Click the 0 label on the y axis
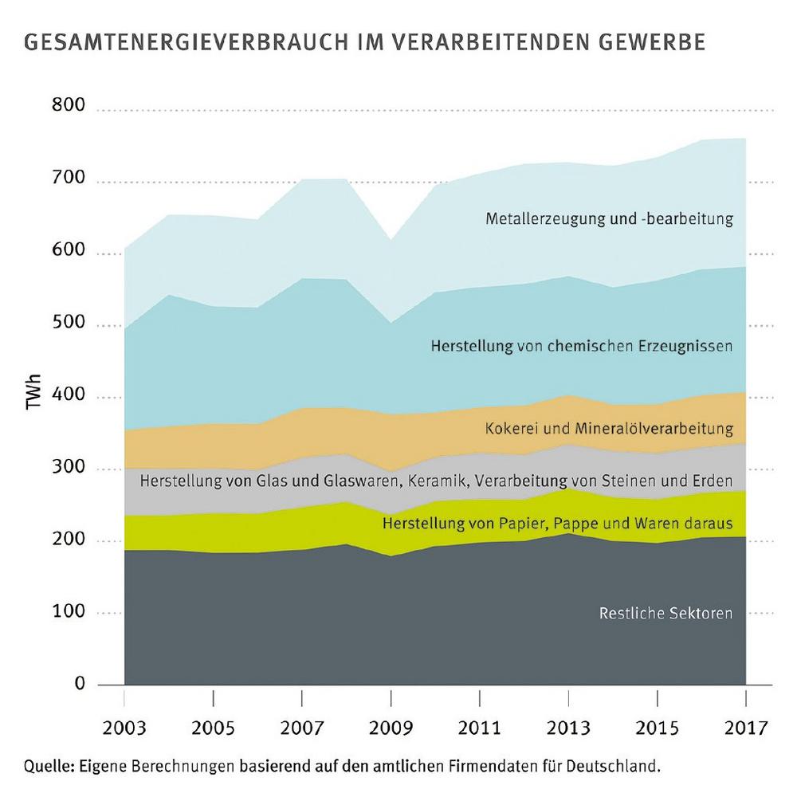coord(80,683)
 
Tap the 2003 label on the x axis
coord(124,728)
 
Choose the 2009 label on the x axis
coord(391,728)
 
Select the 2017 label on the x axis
coord(746,728)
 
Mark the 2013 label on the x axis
coord(568,728)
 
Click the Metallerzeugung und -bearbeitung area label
coord(609,218)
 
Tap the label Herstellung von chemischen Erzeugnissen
coord(581,347)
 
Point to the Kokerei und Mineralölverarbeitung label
coord(609,429)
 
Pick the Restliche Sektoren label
coord(665,614)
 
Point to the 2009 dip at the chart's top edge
coord(391,238)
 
